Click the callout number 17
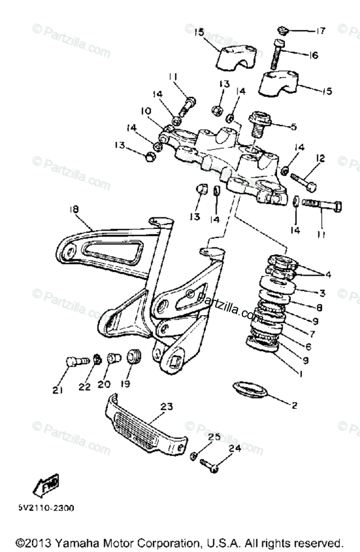(x=320, y=31)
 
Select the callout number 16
(x=313, y=55)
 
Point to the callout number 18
(x=74, y=209)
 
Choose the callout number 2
(x=295, y=405)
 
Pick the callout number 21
(x=57, y=391)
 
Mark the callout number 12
(x=320, y=159)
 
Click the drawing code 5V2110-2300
(x=46, y=508)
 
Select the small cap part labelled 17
(x=282, y=31)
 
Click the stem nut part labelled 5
(x=260, y=121)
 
